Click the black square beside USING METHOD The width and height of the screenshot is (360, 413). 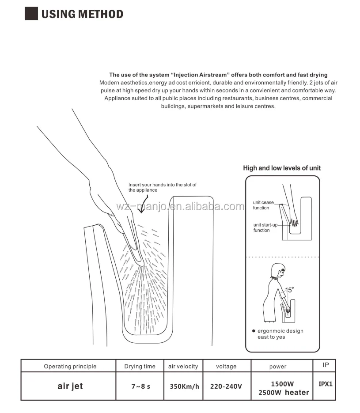click(31, 13)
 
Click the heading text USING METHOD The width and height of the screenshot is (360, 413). click(82, 14)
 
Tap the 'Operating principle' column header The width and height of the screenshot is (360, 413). click(70, 366)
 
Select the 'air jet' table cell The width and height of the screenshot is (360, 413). click(70, 386)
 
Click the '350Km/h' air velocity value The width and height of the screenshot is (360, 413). click(184, 386)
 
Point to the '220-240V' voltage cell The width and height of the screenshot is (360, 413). click(227, 386)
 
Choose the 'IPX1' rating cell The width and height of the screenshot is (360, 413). click(325, 384)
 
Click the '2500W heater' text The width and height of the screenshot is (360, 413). click(283, 392)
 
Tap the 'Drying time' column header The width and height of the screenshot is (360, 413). click(140, 366)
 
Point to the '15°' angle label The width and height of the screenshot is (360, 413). click(289, 290)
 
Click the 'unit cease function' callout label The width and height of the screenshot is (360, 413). click(263, 205)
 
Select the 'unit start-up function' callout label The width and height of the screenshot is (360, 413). click(265, 227)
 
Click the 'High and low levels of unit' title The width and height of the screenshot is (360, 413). click(282, 168)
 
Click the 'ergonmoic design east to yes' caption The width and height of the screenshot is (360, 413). click(280, 334)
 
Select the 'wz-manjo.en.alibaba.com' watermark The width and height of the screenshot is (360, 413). click(180, 207)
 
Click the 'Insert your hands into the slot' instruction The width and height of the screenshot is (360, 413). click(162, 187)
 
